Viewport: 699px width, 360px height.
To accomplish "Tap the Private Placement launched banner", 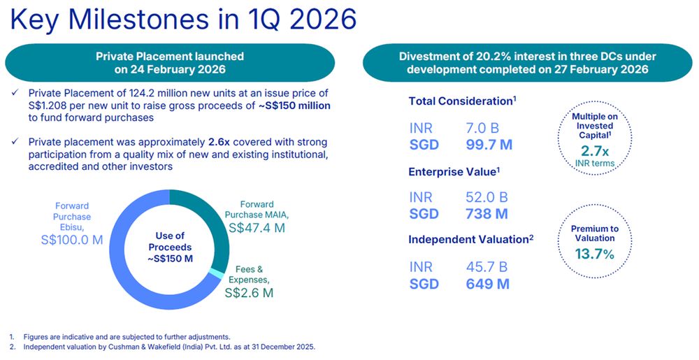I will tap(170, 62).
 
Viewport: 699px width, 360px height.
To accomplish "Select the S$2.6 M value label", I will tap(249, 293).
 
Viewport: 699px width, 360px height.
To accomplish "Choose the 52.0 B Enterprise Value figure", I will tap(487, 198).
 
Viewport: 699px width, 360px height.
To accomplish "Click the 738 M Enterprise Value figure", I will tap(487, 214).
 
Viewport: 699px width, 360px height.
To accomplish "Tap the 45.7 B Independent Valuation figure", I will tap(487, 267).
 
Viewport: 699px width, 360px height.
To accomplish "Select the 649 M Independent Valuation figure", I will tap(487, 283).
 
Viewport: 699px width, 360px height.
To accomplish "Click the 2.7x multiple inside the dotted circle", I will tap(595, 151).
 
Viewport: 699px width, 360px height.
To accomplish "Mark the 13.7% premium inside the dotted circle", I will tap(594, 254).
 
